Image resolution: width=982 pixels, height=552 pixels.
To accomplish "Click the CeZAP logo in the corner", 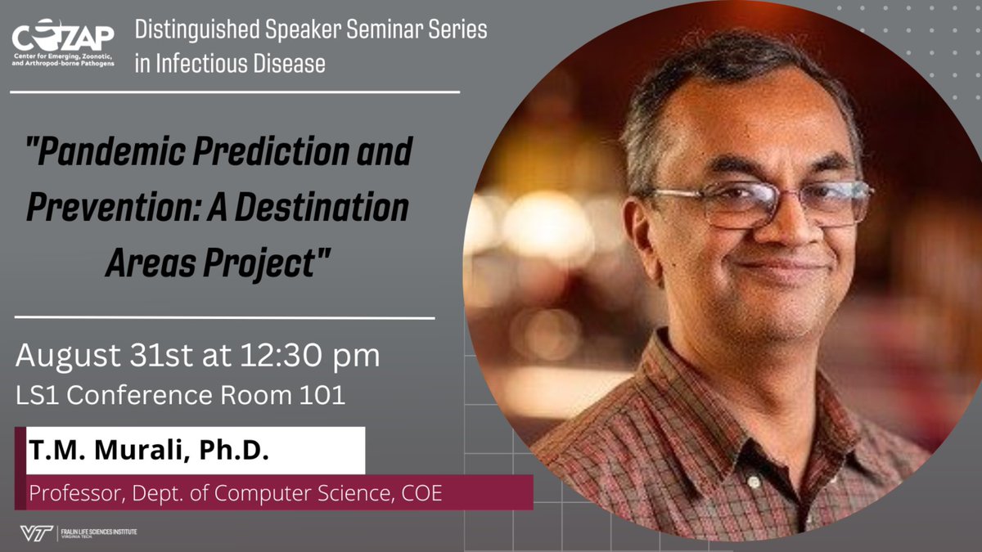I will (63, 45).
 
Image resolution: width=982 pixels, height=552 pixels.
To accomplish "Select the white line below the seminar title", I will (224, 316).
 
